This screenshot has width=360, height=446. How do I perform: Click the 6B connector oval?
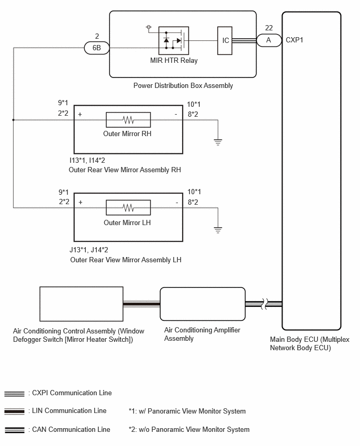pyautogui.click(x=97, y=48)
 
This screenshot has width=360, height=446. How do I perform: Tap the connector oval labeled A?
pyautogui.click(x=269, y=40)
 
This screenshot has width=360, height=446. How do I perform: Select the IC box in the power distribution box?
pyautogui.click(x=224, y=41)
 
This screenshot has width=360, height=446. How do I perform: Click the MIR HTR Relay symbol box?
pyautogui.click(x=174, y=41)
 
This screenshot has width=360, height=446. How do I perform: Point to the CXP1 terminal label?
pyautogui.click(x=294, y=40)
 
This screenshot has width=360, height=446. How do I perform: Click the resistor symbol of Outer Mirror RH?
pyautogui.click(x=128, y=120)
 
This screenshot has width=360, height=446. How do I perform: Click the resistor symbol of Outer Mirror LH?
pyautogui.click(x=128, y=208)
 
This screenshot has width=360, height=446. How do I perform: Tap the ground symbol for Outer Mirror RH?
pyautogui.click(x=218, y=142)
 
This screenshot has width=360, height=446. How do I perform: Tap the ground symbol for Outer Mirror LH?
pyautogui.click(x=218, y=230)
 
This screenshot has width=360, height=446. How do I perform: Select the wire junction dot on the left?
pyautogui.click(x=14, y=120)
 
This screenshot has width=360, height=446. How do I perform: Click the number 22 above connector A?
pyautogui.click(x=269, y=28)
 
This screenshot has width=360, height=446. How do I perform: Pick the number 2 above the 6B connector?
pyautogui.click(x=97, y=37)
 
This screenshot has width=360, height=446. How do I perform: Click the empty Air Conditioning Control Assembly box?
pyautogui.click(x=81, y=304)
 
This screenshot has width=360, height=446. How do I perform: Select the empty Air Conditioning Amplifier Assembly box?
pyautogui.click(x=203, y=304)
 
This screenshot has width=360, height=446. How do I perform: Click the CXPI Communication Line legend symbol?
pyautogui.click(x=14, y=394)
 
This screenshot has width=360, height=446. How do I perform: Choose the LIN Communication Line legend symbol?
pyautogui.click(x=14, y=411)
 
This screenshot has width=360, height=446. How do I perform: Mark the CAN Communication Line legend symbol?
pyautogui.click(x=14, y=430)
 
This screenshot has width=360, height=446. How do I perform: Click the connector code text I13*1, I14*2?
pyautogui.click(x=87, y=160)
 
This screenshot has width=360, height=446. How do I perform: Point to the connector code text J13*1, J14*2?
pyautogui.click(x=89, y=250)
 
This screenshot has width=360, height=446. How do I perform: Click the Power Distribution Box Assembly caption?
pyautogui.click(x=183, y=86)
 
